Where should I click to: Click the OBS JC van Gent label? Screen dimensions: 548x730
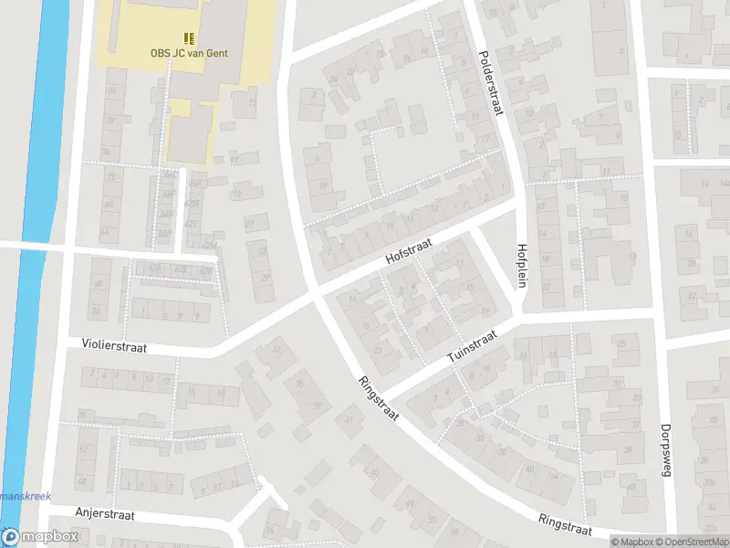click(189, 53)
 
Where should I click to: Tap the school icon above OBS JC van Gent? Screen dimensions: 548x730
click(189, 38)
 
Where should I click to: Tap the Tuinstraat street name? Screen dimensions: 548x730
click(471, 348)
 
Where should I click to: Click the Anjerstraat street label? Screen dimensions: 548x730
click(105, 515)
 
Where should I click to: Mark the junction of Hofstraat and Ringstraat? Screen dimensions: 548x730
click(315, 295)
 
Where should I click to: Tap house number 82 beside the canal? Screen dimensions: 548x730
click(112, 90)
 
